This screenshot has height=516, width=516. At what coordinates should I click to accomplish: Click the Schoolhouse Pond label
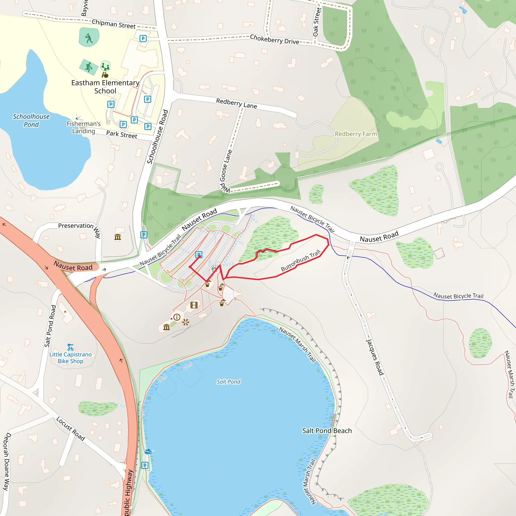[31, 120]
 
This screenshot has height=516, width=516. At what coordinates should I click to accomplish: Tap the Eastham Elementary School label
[105, 87]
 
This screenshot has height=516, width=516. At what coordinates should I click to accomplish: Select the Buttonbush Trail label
[301, 261]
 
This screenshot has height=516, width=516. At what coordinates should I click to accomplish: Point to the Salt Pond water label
[229, 382]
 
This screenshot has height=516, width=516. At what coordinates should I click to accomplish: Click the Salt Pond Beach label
[327, 431]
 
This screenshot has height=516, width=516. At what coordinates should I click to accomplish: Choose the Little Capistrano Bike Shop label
[71, 358]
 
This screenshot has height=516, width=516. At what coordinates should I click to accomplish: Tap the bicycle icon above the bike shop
[71, 347]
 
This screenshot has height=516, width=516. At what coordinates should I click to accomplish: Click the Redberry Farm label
[356, 134]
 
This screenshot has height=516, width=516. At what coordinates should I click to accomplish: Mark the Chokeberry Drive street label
[274, 39]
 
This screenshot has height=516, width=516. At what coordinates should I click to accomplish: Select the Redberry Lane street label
[236, 103]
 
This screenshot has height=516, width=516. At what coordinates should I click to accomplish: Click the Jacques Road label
[375, 357]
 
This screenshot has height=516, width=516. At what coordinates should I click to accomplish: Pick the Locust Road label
[71, 429]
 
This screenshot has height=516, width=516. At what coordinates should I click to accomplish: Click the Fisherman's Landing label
[84, 127]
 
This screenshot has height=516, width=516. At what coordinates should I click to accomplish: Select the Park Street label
[121, 134]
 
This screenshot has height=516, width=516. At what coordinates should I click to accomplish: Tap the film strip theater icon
[194, 305]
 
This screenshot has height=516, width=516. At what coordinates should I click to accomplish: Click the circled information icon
[177, 317]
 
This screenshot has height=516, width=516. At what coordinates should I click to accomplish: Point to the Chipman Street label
[114, 24]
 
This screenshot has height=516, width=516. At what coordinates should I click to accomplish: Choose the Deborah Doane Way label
[7, 462]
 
